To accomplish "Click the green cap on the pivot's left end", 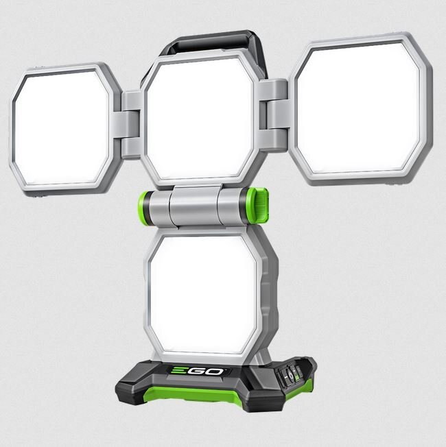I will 144,204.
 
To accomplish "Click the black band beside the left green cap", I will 153,204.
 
